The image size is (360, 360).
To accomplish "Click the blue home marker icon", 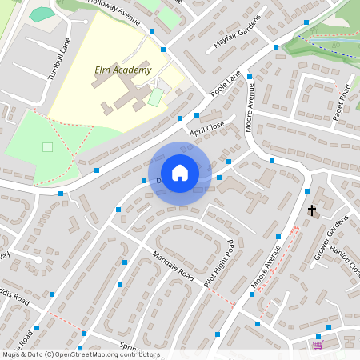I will coord(180,173).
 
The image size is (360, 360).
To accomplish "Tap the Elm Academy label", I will coord(122,70).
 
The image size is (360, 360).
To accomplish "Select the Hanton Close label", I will coord(350,257).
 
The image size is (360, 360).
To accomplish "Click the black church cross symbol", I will coord(312,210).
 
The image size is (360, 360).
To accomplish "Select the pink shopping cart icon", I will coord(318,345).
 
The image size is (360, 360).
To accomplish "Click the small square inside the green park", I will coord(47,146).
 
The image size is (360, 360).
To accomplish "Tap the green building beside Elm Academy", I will coord(155,98).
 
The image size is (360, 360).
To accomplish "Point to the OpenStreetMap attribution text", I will coord(80,354).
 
